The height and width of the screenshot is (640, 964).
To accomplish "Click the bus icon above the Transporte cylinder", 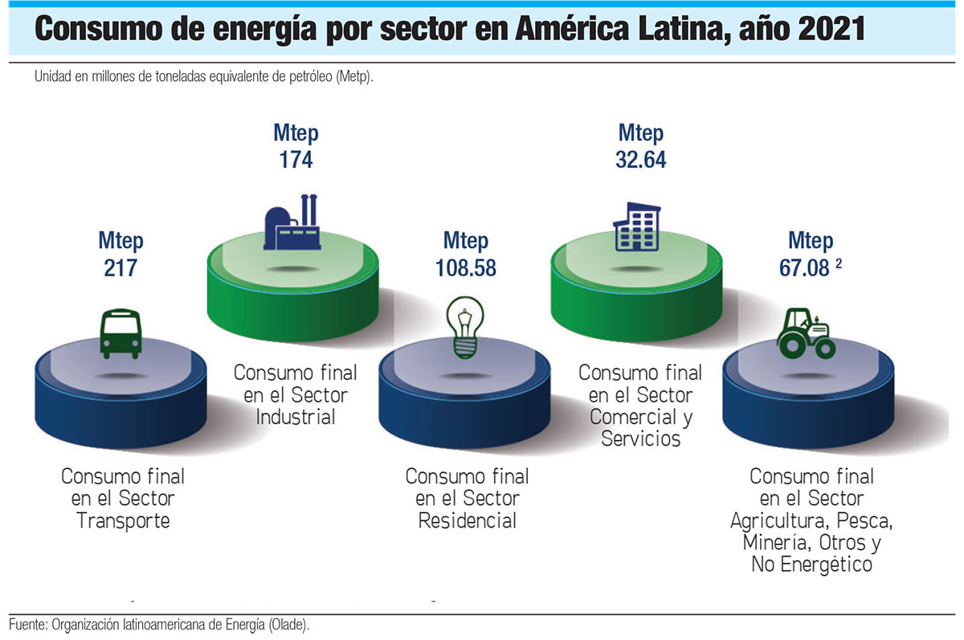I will pos(120,333).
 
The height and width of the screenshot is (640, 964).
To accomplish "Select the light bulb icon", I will pos(465,328).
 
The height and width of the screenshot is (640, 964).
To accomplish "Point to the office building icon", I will pos(637,226).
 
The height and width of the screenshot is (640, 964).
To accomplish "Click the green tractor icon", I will pos(807,333).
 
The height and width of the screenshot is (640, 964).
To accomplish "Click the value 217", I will pos(120,267).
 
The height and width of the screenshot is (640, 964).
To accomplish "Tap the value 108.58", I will pos(466,268).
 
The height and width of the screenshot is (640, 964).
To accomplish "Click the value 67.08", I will pos(803,268).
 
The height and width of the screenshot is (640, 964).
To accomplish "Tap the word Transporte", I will pos(123,520).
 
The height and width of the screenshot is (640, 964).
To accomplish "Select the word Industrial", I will pos(295,417).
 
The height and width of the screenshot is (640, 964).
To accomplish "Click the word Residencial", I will pos(467,520).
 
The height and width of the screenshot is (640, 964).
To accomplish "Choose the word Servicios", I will pos(640,438).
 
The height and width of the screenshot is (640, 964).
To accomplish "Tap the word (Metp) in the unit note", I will pos(353,78).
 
